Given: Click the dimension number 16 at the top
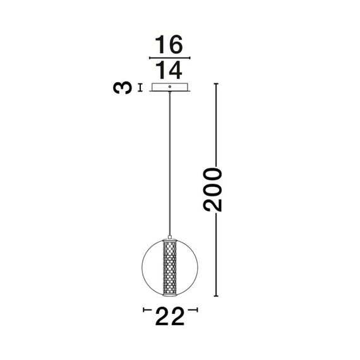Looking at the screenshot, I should [x=169, y=45].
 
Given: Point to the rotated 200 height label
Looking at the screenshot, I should [x=215, y=189].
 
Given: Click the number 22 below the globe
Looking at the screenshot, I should [x=170, y=315].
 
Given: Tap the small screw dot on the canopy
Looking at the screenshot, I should [x=170, y=85].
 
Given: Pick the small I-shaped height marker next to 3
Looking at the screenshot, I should [x=141, y=87].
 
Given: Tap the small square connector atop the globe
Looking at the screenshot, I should [x=170, y=234].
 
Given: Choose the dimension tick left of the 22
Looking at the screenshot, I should [x=145, y=309].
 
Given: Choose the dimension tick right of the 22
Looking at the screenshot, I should [x=196, y=309].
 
